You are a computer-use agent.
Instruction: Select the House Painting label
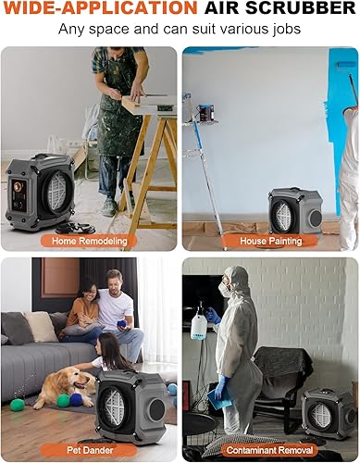(272, 240)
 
